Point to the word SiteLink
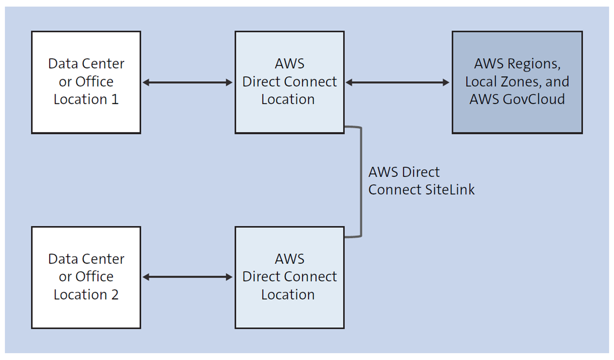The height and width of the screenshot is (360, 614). coord(449,190)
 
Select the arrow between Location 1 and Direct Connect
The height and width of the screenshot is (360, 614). coord(188,83)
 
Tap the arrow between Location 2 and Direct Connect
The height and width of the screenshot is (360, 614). coord(188,277)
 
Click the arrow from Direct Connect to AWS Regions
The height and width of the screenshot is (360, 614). coord(398,83)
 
